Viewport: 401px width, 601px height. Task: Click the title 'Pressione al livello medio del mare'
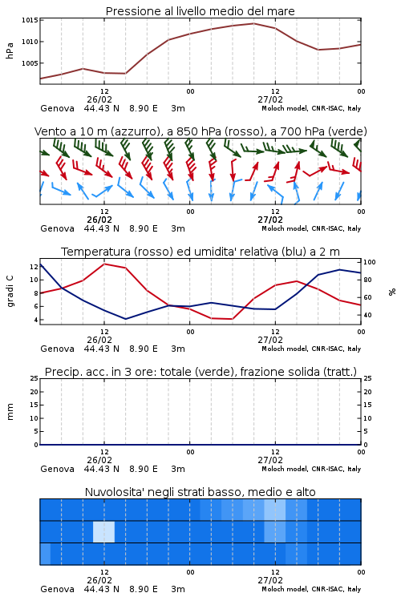(200, 11)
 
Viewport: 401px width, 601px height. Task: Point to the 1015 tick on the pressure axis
(30, 20)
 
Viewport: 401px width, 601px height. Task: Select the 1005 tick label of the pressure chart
(30, 63)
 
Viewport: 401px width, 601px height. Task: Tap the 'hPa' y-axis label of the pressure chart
(10, 50)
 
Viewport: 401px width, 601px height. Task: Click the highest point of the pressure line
(253, 23)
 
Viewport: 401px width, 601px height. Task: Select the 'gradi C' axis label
(10, 292)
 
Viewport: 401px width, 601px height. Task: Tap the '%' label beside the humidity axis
(392, 292)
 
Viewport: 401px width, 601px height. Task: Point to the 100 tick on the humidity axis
(370, 262)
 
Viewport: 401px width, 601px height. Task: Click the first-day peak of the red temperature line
(104, 264)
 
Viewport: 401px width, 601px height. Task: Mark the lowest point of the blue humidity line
(125, 319)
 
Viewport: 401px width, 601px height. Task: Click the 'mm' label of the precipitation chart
(10, 411)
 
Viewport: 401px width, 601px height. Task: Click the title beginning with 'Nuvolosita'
(200, 492)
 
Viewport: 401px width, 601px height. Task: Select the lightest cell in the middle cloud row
(103, 531)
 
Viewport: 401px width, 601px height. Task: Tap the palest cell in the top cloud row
(275, 510)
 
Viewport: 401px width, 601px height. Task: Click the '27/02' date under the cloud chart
(270, 580)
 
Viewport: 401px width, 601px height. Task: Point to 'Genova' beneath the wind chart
(57, 228)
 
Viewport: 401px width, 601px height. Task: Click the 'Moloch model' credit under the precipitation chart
(285, 469)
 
